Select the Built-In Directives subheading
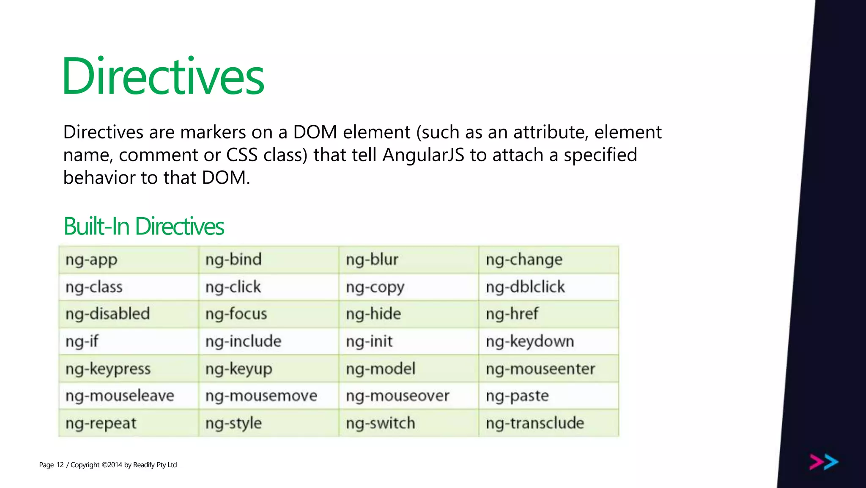143,226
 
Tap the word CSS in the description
242,155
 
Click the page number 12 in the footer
60,465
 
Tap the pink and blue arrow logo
824,462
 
